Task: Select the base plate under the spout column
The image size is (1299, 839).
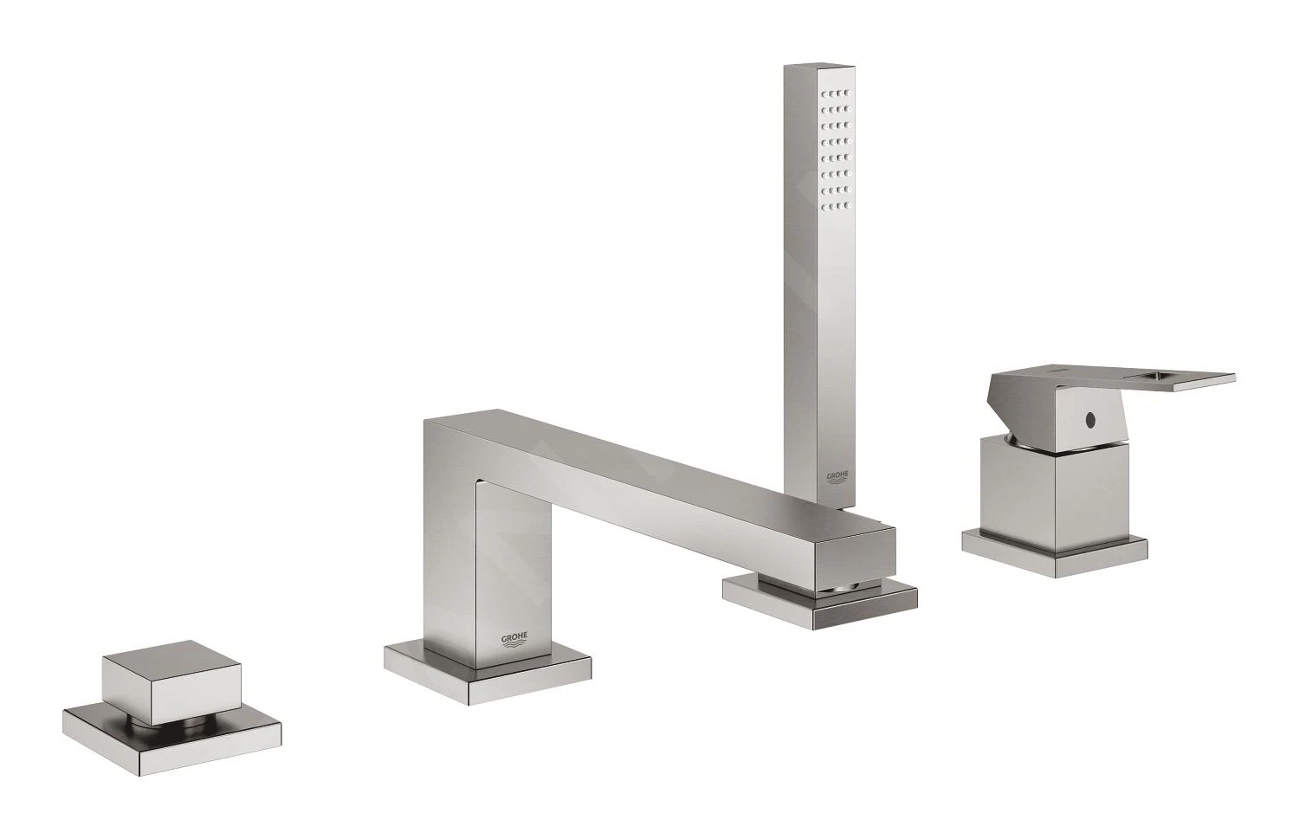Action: tap(488, 670)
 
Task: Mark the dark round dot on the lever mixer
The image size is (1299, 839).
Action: tap(1089, 420)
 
